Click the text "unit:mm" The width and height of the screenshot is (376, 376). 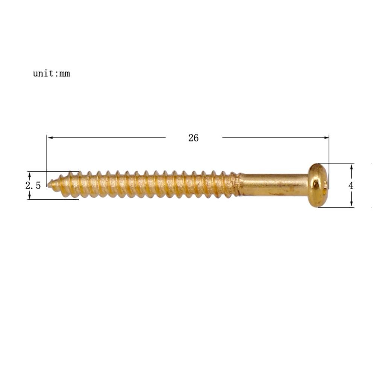[51, 73]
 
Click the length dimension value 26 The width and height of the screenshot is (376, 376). [193, 138]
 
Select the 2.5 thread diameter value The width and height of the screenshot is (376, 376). [33, 185]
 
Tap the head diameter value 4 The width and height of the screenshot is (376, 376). [351, 185]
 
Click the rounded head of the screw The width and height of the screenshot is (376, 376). [318, 185]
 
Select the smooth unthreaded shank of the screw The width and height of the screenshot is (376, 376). [274, 185]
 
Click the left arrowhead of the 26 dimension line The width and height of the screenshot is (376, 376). [50, 138]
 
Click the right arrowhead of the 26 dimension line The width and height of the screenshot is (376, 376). [326, 138]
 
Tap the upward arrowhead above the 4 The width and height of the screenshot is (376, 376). [352, 167]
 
